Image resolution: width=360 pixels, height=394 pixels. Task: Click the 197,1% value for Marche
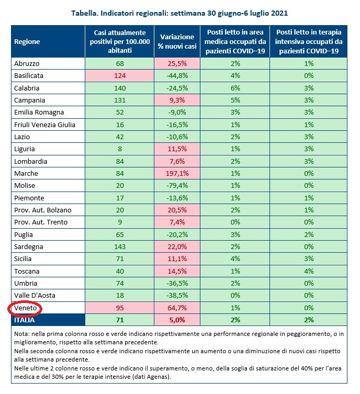[177, 174]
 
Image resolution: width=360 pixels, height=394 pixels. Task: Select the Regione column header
[27, 41]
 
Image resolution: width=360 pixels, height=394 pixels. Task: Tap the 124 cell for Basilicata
[120, 76]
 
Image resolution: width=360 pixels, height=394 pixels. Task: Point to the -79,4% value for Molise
[177, 186]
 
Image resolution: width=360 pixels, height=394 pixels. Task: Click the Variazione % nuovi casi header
[177, 41]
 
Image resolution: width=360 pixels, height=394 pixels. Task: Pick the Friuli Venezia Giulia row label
[44, 125]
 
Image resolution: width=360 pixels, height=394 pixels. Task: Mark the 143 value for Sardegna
[120, 247]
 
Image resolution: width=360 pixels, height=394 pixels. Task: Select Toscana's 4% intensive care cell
[309, 272]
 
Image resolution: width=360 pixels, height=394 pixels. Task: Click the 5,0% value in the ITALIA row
[177, 319]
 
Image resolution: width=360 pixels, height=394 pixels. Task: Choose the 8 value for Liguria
[120, 149]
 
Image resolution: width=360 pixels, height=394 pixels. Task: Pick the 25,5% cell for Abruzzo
[177, 63]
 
